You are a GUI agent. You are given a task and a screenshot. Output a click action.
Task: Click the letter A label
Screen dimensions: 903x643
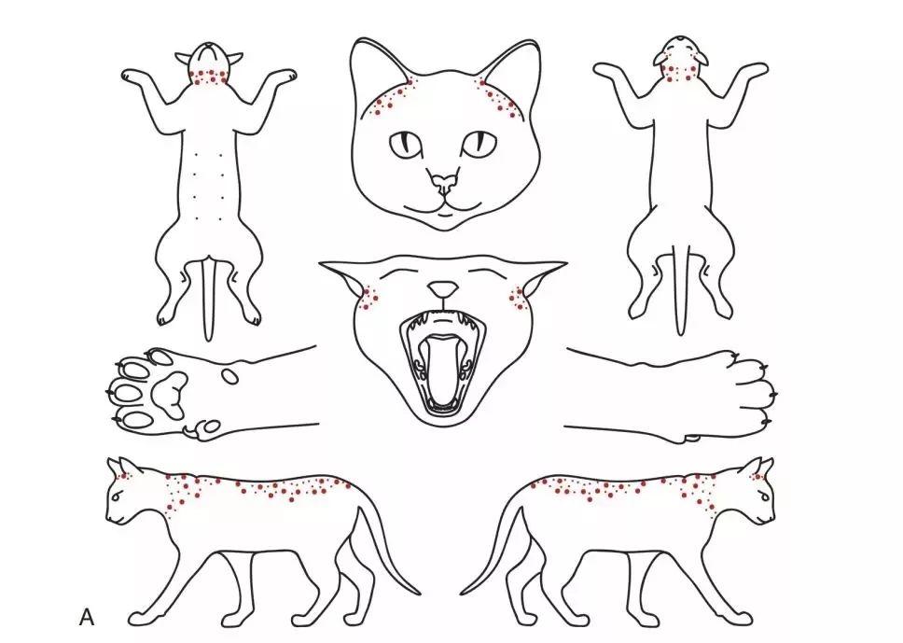(x=87, y=617)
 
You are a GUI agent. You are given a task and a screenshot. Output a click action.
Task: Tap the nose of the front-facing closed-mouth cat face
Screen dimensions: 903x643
(x=443, y=184)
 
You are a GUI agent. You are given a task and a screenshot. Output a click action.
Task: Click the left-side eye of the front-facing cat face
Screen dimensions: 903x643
(x=407, y=144)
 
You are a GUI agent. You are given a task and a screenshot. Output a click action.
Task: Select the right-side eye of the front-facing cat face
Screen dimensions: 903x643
(x=479, y=143)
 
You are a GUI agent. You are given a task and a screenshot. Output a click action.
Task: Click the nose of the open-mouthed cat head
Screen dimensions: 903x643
(x=443, y=288)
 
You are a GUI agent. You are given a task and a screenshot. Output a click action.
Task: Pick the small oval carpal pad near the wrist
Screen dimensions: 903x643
(x=230, y=376)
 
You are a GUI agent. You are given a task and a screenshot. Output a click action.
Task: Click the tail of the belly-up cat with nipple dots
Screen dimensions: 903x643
(x=209, y=300)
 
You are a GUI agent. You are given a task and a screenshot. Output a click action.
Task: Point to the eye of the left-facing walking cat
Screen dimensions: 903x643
(x=118, y=497)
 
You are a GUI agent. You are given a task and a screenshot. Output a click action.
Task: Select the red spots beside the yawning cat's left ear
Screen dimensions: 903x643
(x=369, y=296)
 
